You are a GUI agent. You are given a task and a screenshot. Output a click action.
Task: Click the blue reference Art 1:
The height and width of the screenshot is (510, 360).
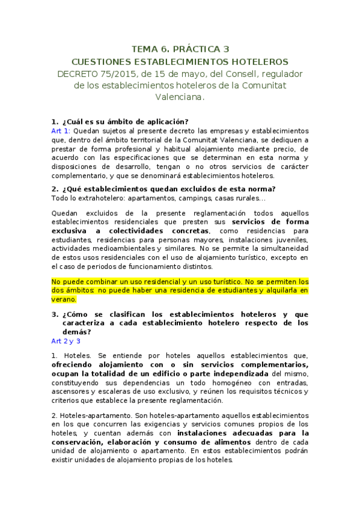click(x=61, y=131)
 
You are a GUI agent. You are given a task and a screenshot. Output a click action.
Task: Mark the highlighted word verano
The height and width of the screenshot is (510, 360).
click(x=64, y=299)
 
